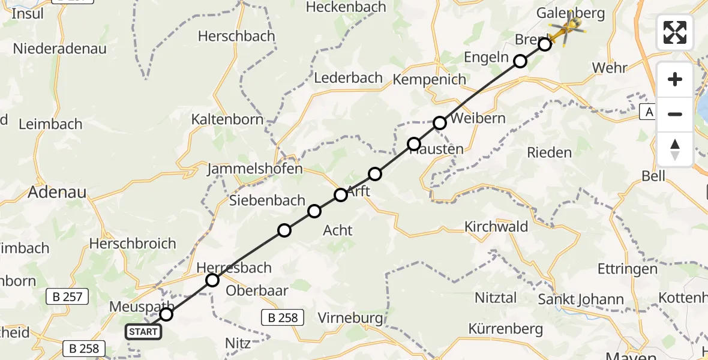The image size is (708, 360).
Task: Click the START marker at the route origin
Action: [143, 332]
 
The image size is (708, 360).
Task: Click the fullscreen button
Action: [675, 32]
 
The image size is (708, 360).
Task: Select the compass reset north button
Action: [675, 149]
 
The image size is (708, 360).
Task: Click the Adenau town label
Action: [58, 193]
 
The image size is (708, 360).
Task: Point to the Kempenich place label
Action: [429, 79]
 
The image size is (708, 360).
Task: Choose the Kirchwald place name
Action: [496, 227]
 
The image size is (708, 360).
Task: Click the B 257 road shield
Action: [68, 296]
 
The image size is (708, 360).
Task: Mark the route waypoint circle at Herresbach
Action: [212, 280]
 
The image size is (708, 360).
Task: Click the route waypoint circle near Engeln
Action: [520, 61]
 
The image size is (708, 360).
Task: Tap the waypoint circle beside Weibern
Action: [440, 123]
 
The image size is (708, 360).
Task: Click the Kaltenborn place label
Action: [227, 119]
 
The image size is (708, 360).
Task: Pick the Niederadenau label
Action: [60, 49]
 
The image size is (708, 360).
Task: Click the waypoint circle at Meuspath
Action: [166, 314]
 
